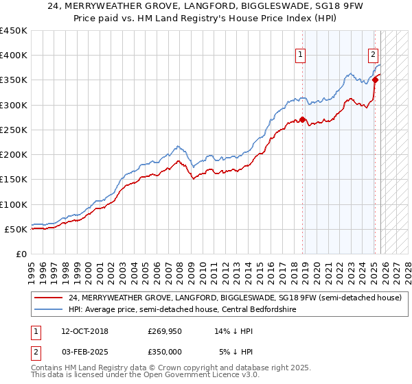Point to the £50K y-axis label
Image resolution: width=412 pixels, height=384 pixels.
click(16, 230)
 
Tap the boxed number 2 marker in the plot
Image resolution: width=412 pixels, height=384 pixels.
click(373, 56)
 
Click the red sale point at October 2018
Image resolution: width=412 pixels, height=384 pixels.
click(303, 119)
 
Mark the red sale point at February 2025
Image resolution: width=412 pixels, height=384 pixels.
click(376, 80)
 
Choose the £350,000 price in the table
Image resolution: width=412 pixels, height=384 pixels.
click(165, 351)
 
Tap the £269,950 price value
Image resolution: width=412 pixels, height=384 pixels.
click(165, 331)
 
